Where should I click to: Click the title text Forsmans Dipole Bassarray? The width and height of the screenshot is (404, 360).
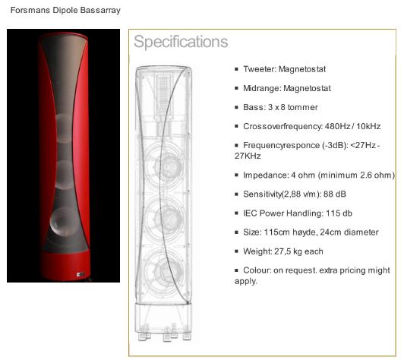[x=65, y=11]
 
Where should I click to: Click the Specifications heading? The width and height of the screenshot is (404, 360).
[x=181, y=42]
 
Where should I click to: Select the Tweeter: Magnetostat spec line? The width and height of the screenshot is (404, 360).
[x=285, y=69]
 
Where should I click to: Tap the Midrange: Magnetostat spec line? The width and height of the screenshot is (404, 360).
[x=287, y=88]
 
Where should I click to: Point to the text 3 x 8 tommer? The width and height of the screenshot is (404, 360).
[x=293, y=107]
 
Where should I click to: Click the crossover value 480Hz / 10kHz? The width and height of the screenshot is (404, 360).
[x=352, y=126]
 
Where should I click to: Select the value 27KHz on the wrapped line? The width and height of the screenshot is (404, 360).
[x=248, y=156]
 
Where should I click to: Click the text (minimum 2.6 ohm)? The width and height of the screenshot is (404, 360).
[x=356, y=175]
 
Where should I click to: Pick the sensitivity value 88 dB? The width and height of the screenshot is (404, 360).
[x=335, y=194]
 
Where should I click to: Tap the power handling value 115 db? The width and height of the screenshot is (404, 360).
[x=339, y=213]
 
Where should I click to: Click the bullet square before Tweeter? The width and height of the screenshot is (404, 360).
[x=236, y=69]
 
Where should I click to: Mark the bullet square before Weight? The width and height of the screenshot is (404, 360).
[x=236, y=251]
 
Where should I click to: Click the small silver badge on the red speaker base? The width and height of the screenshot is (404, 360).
[x=80, y=274]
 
